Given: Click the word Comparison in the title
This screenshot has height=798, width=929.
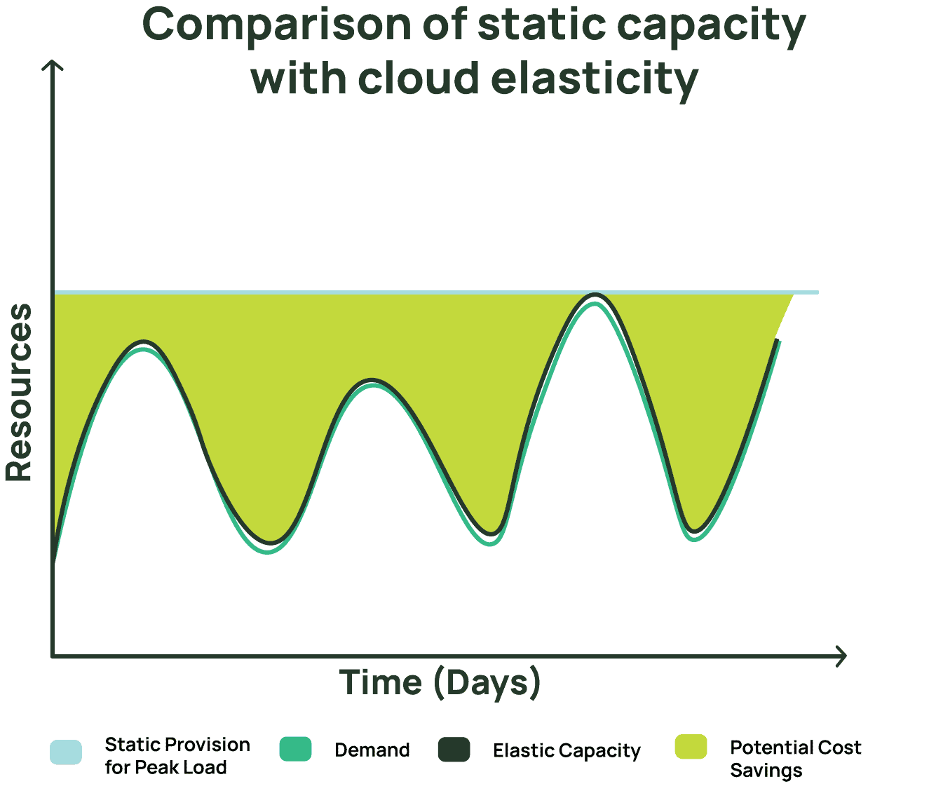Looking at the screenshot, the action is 277,27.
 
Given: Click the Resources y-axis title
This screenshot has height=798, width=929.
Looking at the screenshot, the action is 18,392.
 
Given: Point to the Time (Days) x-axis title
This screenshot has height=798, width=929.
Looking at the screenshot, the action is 440,683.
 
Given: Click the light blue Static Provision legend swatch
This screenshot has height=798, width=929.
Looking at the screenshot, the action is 66,752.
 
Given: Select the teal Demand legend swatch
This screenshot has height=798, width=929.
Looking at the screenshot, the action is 295,749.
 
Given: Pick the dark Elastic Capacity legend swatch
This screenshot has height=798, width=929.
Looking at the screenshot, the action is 454,749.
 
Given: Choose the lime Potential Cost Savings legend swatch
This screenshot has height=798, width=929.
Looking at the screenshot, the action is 691,746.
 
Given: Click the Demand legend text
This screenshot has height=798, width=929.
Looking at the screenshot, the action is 372,750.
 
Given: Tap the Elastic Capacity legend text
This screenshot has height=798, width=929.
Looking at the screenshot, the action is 567,751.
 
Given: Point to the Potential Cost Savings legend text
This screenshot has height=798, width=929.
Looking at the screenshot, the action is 796,759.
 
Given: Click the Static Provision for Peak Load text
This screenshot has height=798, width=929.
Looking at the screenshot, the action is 177,756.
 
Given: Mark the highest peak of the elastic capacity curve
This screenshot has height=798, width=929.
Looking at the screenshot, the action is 595,295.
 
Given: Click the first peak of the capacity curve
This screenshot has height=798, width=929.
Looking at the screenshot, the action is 143,342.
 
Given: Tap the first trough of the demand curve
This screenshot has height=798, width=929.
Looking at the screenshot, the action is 267,552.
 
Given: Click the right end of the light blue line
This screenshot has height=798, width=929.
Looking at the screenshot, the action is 818,292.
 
